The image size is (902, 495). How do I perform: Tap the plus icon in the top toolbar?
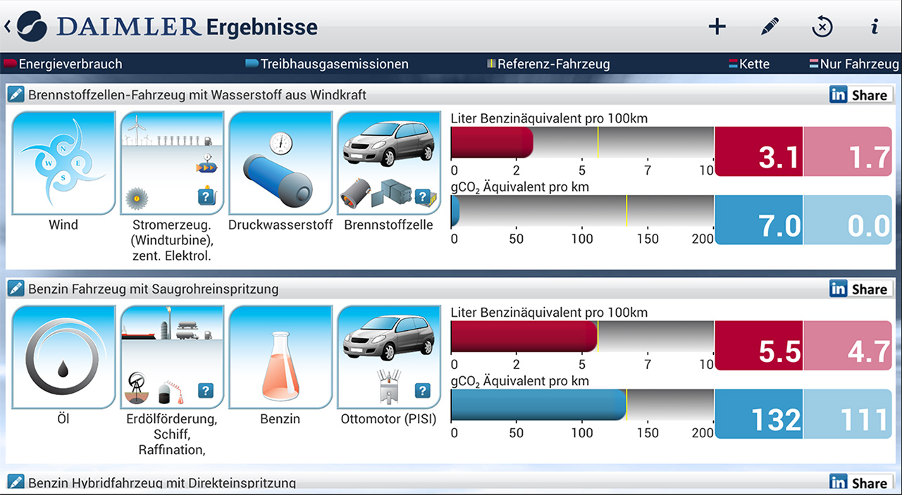(717, 27)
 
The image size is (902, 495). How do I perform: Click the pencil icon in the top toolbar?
(770, 27)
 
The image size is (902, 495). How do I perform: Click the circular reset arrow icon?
(822, 27)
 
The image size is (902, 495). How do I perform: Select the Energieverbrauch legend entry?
(63, 64)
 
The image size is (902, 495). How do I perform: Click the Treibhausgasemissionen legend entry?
(327, 64)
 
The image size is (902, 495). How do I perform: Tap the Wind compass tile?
(63, 163)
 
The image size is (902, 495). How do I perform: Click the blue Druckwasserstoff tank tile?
(280, 163)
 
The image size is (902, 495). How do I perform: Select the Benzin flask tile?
(280, 357)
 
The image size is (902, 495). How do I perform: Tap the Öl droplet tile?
(63, 357)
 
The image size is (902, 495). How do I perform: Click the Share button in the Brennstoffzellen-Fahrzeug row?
(860, 95)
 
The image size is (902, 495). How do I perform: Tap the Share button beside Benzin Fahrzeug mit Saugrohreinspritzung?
(860, 289)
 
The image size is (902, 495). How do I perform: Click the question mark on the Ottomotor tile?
(422, 390)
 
